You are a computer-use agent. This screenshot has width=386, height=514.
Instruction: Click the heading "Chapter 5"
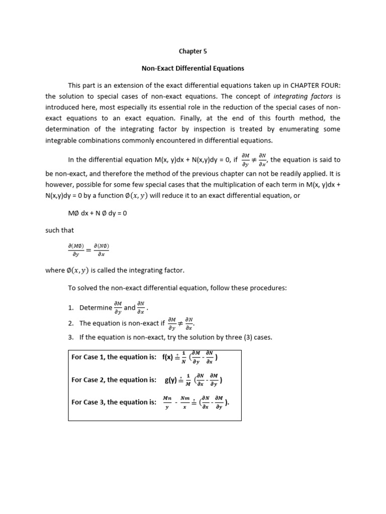(193, 51)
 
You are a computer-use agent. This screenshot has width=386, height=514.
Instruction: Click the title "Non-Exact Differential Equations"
(193, 68)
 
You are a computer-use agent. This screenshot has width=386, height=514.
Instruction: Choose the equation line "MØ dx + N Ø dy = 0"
(98, 213)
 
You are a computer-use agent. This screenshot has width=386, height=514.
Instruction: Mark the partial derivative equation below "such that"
(88, 249)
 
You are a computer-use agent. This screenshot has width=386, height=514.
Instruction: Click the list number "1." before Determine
(71, 308)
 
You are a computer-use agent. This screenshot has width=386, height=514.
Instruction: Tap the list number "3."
(71, 337)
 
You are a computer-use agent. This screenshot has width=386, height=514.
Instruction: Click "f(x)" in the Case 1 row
(167, 357)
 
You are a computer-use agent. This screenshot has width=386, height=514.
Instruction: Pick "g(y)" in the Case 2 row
(170, 380)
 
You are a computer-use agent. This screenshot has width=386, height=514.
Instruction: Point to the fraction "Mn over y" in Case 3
(167, 402)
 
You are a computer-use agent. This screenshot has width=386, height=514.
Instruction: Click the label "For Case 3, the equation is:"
(114, 402)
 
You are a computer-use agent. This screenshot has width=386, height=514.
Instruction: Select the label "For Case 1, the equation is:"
(114, 357)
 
